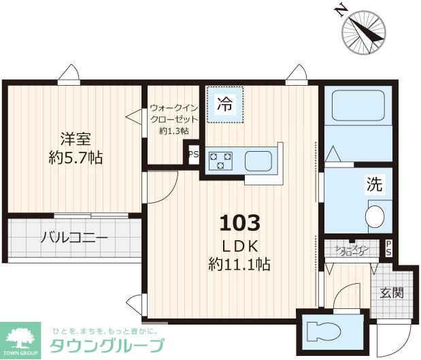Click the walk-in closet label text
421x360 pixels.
pyautogui.click(x=173, y=118)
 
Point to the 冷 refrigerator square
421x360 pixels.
pyautogui.click(x=224, y=105)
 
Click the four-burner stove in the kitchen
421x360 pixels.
pyautogui.click(x=220, y=161)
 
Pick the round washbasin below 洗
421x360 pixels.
pyautogui.click(x=374, y=217)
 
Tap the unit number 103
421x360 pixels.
pyautogui.click(x=239, y=223)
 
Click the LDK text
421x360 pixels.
pyautogui.click(x=239, y=245)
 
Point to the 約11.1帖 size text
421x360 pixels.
pyautogui.click(x=239, y=264)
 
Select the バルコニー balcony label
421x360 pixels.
pyautogui.click(x=73, y=238)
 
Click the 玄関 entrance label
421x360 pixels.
pyautogui.click(x=391, y=293)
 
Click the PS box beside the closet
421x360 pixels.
pyautogui.click(x=193, y=154)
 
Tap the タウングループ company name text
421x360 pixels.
pyautogui.click(x=107, y=344)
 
